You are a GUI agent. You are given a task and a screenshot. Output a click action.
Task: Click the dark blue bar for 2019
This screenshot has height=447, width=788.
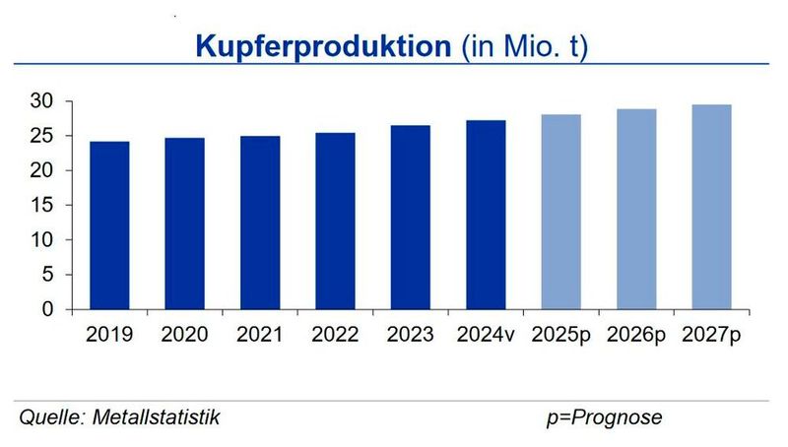coord(109,225)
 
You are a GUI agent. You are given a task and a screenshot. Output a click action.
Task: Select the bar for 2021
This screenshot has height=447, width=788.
coord(260,223)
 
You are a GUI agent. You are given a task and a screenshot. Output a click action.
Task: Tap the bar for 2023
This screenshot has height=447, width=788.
coord(410,218)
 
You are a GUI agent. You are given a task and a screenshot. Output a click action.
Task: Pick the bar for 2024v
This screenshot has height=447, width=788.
coord(486,215)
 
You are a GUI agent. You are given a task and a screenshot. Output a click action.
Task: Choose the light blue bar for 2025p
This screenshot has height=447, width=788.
coord(560,212)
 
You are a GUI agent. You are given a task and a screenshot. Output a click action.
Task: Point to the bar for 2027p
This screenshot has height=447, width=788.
coord(711,207)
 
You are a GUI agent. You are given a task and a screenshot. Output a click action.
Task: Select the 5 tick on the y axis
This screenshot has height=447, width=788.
coord(43,275)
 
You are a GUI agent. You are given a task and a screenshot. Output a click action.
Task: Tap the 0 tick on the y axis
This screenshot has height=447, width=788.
coord(43,309)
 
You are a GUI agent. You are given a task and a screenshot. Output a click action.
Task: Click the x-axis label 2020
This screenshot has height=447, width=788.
coord(184,335)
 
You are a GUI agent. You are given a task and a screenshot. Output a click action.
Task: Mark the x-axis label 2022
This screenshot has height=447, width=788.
coord(335,335)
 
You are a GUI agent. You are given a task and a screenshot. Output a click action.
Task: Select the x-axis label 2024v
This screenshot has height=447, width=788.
coord(486,335)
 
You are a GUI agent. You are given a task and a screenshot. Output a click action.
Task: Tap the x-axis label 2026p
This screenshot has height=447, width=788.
coord(636,335)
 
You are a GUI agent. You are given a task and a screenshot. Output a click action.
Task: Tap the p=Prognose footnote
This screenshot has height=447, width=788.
coord(604,418)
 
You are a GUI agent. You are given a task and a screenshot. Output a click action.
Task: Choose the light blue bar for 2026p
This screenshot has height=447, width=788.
coord(636,209)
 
